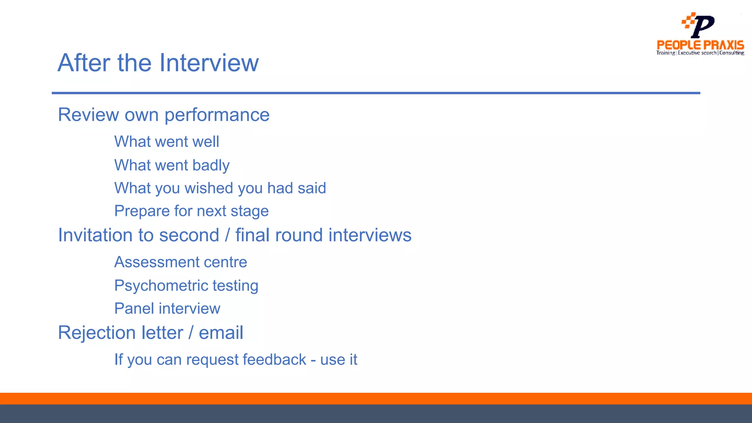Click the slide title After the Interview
coord(158,63)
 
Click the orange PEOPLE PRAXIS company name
coord(700,45)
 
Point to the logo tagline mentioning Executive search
coord(697,53)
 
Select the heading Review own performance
coord(164,115)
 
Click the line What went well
coord(167,142)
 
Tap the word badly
coord(211,166)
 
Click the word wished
coord(209,188)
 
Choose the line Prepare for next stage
coord(191,211)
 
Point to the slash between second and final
coord(227,235)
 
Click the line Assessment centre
coord(181,262)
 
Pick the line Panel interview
coord(167,308)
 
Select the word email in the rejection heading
coord(221,333)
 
